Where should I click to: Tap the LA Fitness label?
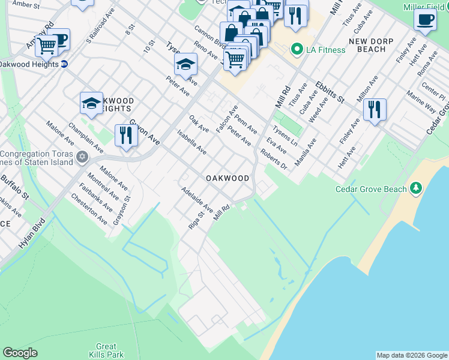pyautogui.click(x=327, y=49)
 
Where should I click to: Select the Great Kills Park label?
pyautogui.click(x=106, y=350)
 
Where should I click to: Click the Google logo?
pyautogui.click(x=20, y=353)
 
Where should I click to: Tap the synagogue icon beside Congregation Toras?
pyautogui.click(x=83, y=158)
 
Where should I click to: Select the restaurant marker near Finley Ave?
pyautogui.click(x=375, y=109)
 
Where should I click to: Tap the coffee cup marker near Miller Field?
pyautogui.click(x=425, y=19)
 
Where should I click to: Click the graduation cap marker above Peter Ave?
pyautogui.click(x=186, y=65)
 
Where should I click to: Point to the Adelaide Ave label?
pyautogui.click(x=197, y=199)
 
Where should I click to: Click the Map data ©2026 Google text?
pyautogui.click(x=412, y=355)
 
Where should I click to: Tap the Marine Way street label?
pyautogui.click(x=421, y=102)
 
